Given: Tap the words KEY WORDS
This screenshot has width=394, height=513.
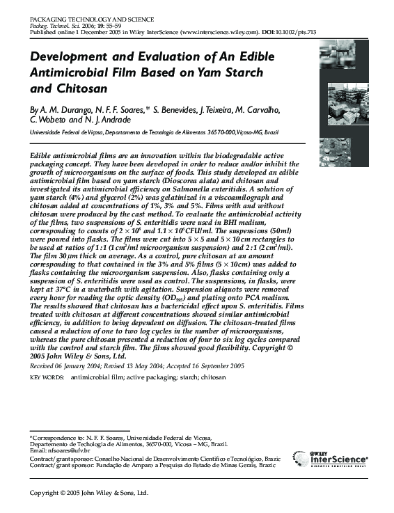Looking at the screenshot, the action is tap(46, 377).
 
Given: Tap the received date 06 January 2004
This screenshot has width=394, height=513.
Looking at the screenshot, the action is tap(80, 365).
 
